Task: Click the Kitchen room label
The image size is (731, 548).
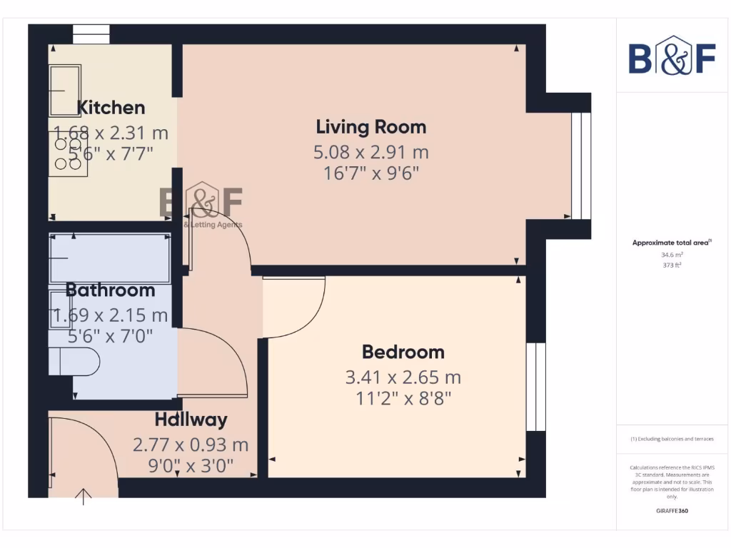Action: point(111,108)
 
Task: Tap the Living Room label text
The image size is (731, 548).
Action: point(370,127)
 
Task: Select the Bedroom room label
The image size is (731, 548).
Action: point(403,352)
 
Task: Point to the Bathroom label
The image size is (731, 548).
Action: point(110,290)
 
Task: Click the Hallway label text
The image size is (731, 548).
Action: point(191,420)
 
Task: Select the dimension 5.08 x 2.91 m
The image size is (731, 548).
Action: point(370,152)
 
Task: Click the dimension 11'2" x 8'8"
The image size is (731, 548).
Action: point(403,397)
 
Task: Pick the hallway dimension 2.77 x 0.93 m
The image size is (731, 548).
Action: point(191,445)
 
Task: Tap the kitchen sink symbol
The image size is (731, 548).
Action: point(64,90)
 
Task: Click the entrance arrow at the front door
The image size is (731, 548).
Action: point(84,497)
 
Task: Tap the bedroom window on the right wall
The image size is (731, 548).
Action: point(535,387)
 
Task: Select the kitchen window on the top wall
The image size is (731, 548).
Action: point(91,34)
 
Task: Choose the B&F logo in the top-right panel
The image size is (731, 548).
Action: point(671,58)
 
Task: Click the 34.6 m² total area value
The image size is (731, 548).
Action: point(671,254)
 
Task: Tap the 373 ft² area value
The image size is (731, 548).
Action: point(671,264)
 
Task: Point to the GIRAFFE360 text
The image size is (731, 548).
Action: point(671,511)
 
